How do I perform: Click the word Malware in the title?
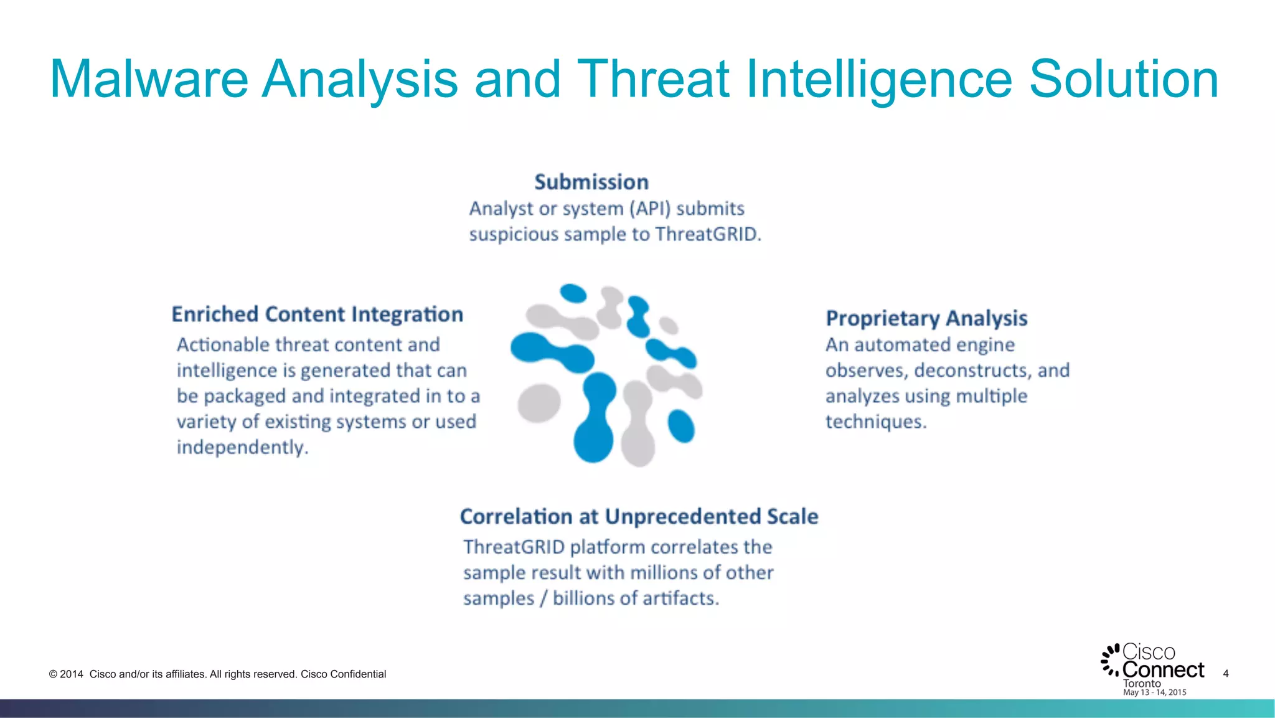149,79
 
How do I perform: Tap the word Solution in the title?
1123,79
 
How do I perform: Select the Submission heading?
591,182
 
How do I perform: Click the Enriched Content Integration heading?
318,314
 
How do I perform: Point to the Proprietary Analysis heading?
926,318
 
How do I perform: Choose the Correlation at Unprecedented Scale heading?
639,516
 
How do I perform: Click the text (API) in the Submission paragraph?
650,209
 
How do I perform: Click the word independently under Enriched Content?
242,448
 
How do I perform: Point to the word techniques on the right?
875,422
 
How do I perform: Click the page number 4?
1225,673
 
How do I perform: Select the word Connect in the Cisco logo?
1163,670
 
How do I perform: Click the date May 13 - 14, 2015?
1154,692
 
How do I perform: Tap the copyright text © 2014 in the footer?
66,674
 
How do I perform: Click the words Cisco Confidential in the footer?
343,674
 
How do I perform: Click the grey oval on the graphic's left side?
539,402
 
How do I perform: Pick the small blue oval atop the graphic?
573,293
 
